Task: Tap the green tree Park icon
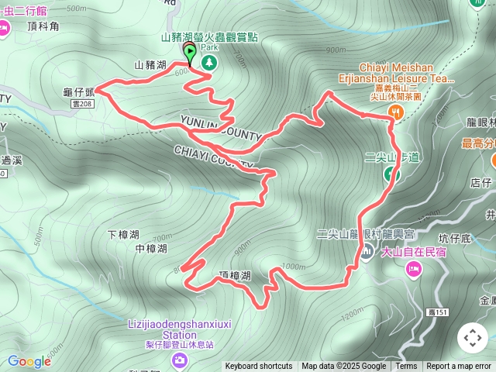coord(208,61)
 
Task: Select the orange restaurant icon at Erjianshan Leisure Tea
coord(397,112)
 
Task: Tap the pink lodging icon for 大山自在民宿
coord(413,268)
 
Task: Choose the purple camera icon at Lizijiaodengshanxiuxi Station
coord(180,360)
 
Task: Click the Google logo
coord(29,361)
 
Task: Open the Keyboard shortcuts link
coord(259,367)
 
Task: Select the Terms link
coord(406,367)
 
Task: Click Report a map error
coord(459,367)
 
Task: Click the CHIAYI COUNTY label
coord(213,156)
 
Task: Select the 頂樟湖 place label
coord(236,276)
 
